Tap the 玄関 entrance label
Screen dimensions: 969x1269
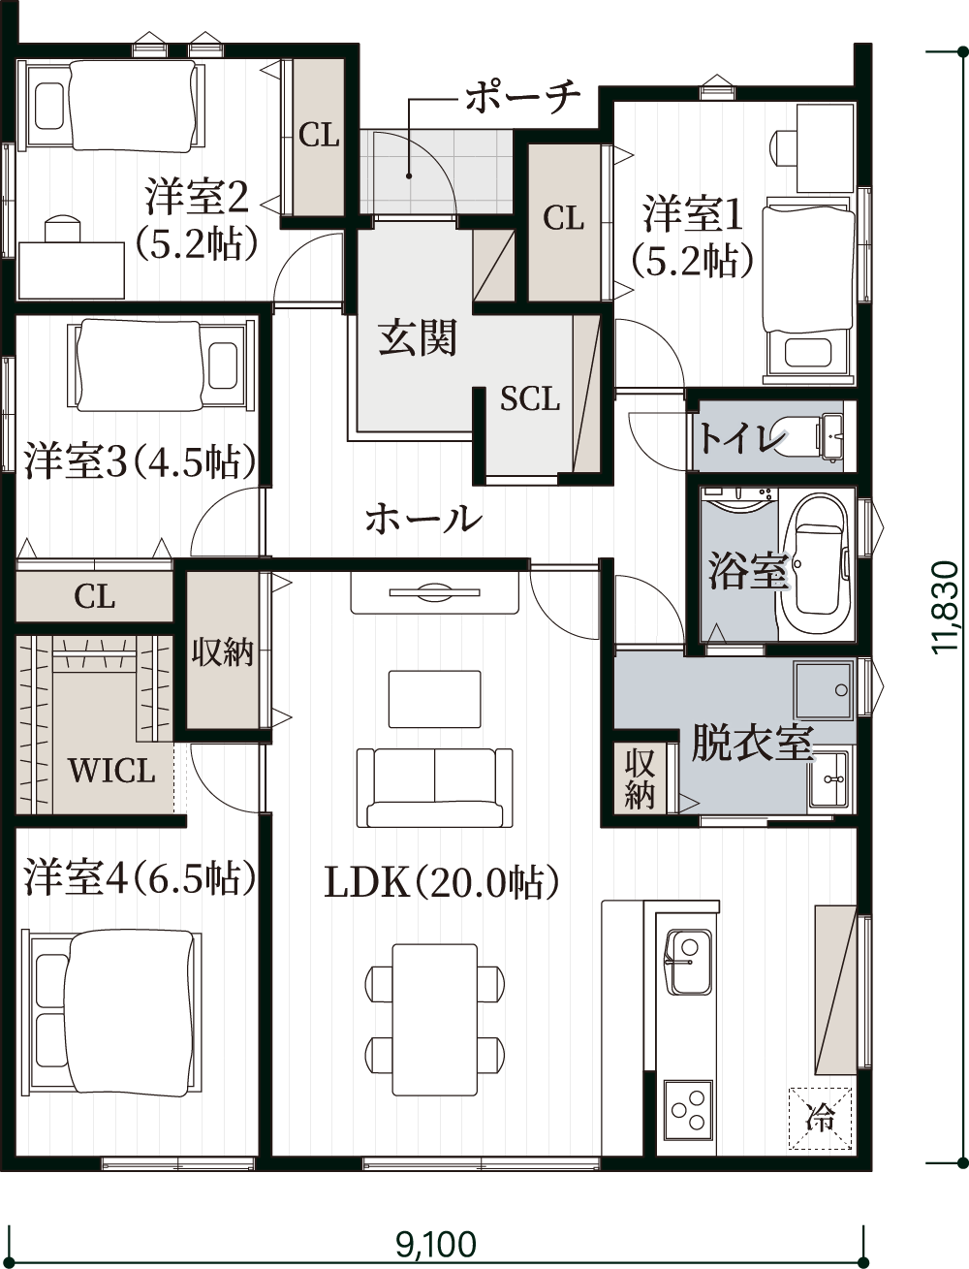tap(418, 337)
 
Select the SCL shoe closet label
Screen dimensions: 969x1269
tap(530, 398)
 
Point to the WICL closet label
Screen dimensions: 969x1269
tap(112, 770)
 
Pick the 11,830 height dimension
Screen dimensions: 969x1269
tap(946, 607)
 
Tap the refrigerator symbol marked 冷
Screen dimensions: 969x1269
tap(820, 1118)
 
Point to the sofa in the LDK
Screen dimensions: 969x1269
tap(434, 787)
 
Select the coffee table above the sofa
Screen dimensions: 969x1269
tap(434, 699)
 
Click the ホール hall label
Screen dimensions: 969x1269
tap(423, 518)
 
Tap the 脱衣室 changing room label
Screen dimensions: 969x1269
tap(753, 743)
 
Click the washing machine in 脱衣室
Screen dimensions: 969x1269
tap(824, 690)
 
